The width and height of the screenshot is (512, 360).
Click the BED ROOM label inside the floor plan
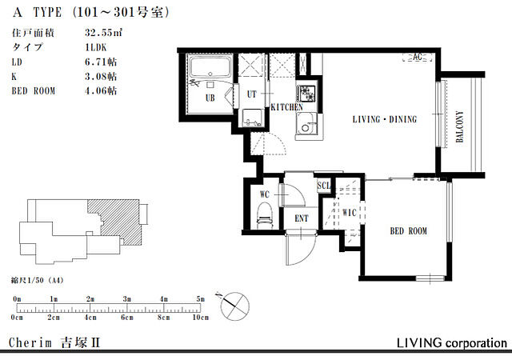(x=409, y=231)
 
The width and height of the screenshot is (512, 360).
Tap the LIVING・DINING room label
(x=385, y=119)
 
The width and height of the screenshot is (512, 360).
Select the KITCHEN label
(x=287, y=107)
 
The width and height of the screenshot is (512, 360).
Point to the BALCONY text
(x=460, y=126)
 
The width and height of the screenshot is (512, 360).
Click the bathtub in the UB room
(x=210, y=67)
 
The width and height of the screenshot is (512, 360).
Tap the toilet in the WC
(x=265, y=214)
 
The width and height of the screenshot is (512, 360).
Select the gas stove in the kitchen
(x=306, y=94)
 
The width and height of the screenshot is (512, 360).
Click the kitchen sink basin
(x=306, y=123)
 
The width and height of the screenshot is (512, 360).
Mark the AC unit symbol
(x=418, y=58)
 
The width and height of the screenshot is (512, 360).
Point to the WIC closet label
(x=349, y=213)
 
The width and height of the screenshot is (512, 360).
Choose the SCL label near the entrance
(x=324, y=186)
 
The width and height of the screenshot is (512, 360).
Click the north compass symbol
(x=234, y=306)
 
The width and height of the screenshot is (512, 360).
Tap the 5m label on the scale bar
(x=201, y=299)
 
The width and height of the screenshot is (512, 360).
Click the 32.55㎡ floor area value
(x=103, y=33)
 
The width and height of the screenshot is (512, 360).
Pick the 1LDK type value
(x=96, y=47)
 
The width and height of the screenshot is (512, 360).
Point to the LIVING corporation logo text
(x=452, y=343)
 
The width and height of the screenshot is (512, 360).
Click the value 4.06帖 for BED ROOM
(x=101, y=90)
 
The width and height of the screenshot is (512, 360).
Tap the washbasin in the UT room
(x=253, y=118)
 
